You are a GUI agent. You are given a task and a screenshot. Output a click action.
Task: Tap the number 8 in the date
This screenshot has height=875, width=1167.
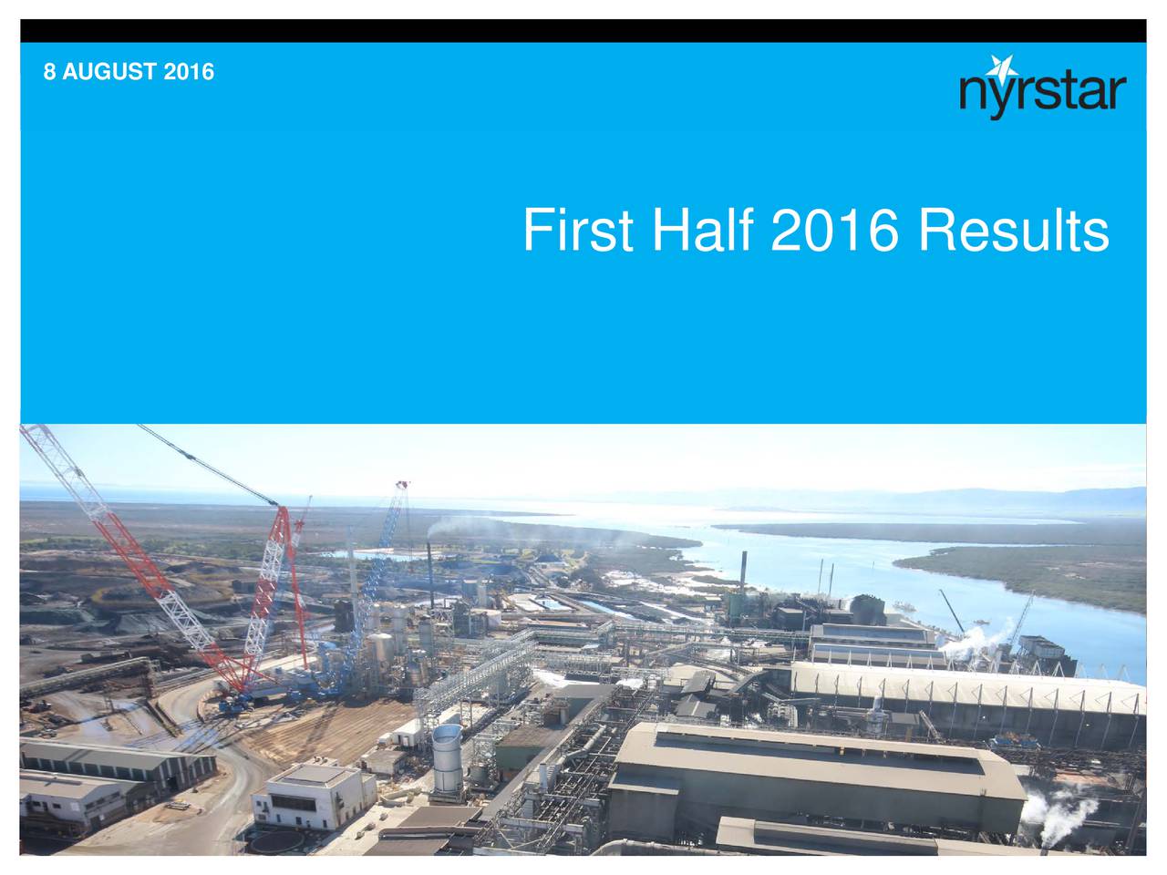(49, 72)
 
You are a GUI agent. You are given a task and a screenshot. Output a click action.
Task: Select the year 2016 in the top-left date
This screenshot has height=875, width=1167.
(188, 72)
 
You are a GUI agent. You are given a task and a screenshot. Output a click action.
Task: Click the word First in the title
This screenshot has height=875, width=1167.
(578, 230)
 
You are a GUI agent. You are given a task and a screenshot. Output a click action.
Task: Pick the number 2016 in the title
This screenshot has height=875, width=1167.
(835, 230)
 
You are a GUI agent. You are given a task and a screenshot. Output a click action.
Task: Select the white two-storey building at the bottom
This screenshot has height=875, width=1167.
(314, 796)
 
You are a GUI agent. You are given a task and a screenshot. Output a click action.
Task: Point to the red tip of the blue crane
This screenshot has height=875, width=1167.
(402, 485)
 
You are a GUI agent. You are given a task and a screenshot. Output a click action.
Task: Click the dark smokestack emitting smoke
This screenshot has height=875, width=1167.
(430, 575)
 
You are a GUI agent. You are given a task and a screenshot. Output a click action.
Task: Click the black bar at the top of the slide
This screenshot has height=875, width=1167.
(583, 31)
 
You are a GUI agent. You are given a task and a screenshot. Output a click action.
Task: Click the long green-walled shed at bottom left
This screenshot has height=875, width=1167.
(117, 762)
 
